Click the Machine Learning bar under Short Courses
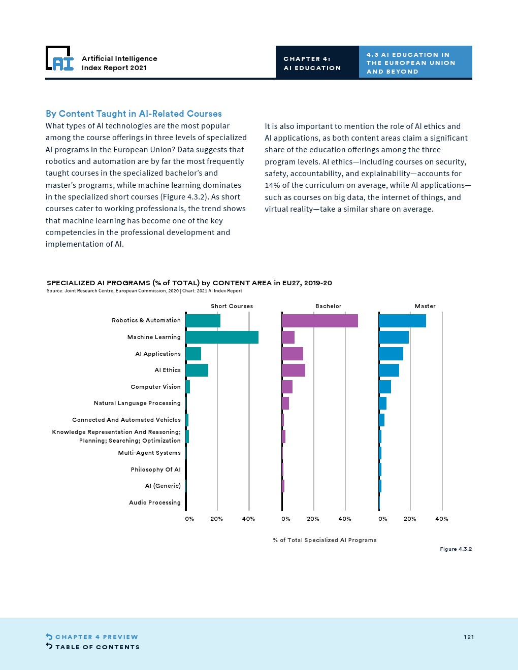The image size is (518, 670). (x=222, y=337)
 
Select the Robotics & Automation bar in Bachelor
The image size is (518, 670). (x=320, y=321)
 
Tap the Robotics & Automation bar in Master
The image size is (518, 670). (x=402, y=321)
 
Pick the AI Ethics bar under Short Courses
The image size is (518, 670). (x=197, y=370)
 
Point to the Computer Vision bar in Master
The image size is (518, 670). (x=385, y=387)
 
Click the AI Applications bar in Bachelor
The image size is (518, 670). (x=293, y=354)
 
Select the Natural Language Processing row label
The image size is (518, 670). (x=137, y=403)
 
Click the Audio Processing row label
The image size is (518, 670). (x=155, y=502)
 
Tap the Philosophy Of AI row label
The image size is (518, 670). (x=155, y=470)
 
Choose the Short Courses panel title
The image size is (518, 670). (x=232, y=306)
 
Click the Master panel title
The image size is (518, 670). (x=425, y=306)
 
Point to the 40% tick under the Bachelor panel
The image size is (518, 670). (x=345, y=519)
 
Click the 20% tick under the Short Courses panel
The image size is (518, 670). (x=217, y=519)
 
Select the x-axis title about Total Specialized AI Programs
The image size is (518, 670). (x=325, y=540)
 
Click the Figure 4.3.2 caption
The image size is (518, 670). (x=456, y=549)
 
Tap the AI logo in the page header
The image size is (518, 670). (x=60, y=59)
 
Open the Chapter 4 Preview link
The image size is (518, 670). (x=96, y=637)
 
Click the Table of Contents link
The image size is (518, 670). (x=97, y=647)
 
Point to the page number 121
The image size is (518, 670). (x=469, y=637)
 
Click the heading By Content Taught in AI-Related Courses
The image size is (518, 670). (x=134, y=114)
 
